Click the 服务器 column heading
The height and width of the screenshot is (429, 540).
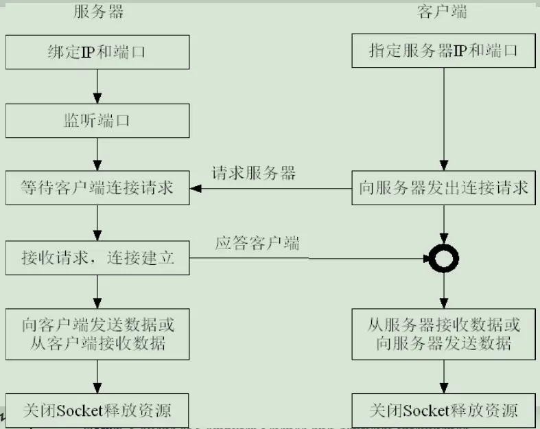[x=99, y=12]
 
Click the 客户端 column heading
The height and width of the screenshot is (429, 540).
[x=443, y=12]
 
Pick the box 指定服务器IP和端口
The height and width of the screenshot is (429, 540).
[x=443, y=51]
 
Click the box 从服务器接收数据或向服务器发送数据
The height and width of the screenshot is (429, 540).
[x=443, y=334]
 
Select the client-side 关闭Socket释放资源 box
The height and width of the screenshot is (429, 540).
[x=443, y=410]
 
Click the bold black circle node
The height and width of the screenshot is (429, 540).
[x=443, y=259]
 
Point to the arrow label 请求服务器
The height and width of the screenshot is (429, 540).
[x=254, y=173]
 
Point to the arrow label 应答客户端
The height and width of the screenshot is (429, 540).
[x=257, y=243]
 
